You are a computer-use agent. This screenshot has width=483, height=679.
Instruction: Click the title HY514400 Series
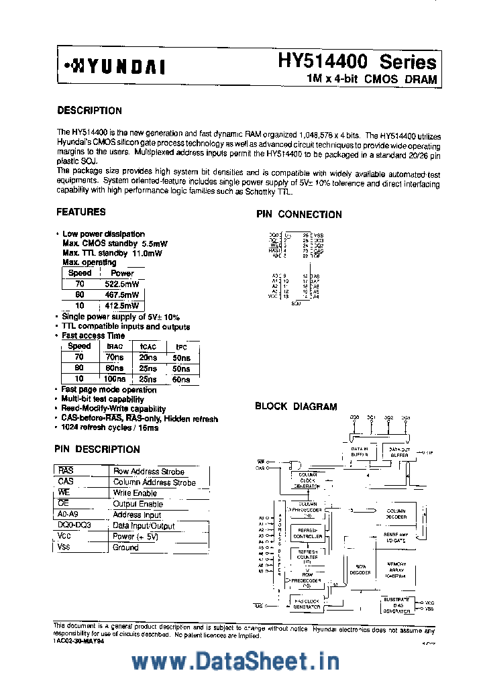coord(357,62)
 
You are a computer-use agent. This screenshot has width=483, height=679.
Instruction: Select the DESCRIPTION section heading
coord(89,111)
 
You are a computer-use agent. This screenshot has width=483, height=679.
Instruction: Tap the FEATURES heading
coord(80,212)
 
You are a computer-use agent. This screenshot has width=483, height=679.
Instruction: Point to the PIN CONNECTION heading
coord(299,215)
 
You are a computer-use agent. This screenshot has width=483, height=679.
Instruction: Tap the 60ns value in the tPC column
coord(181,379)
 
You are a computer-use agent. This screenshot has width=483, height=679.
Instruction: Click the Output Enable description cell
coord(138,504)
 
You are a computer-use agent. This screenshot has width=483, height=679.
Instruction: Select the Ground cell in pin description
coord(126,547)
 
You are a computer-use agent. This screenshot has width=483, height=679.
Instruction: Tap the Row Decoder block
coord(361,570)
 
